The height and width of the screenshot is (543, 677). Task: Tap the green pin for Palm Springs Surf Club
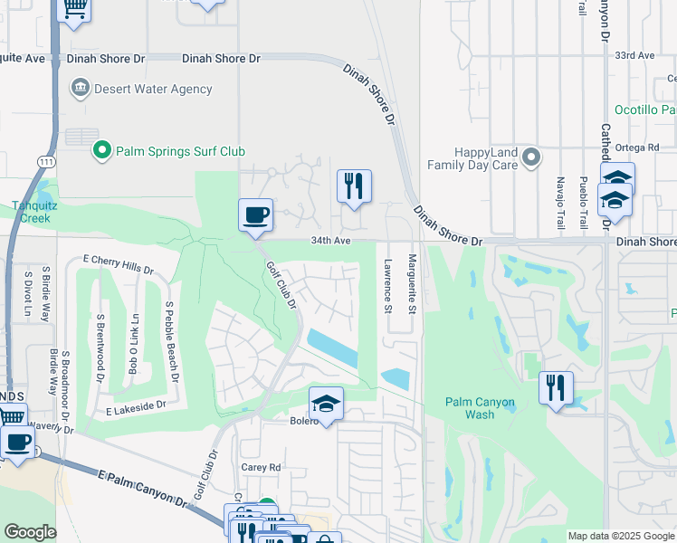(x=102, y=151)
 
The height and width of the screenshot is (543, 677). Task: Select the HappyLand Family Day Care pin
(x=531, y=158)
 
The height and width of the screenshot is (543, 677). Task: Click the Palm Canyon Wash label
(x=481, y=408)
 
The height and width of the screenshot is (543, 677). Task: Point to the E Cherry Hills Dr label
(x=117, y=263)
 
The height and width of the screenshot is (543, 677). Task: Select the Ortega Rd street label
(x=639, y=148)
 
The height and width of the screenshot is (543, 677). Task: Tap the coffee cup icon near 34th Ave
(x=255, y=215)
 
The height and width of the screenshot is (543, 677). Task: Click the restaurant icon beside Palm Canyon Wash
(x=556, y=387)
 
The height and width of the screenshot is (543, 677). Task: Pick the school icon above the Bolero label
(x=326, y=402)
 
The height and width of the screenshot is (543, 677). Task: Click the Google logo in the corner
(x=30, y=532)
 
